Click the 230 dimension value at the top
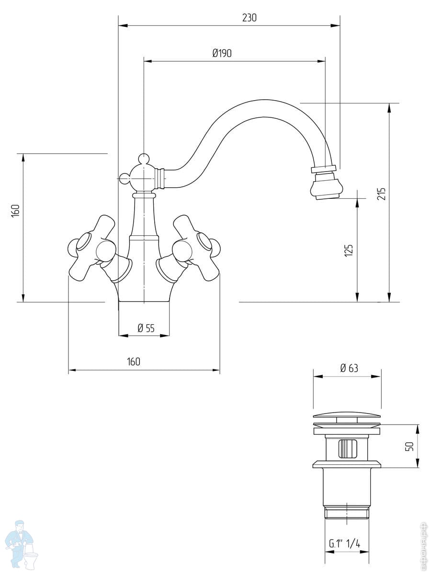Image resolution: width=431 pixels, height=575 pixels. [x=249, y=18]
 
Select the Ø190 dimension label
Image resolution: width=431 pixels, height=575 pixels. [x=222, y=53]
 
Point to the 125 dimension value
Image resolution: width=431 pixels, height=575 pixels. [x=349, y=250]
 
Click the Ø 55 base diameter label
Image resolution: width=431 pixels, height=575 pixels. [x=146, y=328]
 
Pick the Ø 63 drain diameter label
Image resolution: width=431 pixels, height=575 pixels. [x=349, y=368]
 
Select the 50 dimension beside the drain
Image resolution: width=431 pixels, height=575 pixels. [x=409, y=446]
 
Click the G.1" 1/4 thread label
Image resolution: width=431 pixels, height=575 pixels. [x=344, y=543]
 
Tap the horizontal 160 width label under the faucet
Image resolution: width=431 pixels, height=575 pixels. [x=134, y=362]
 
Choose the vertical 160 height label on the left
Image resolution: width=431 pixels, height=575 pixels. [x=15, y=211]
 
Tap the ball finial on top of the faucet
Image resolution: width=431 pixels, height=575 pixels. [x=143, y=158]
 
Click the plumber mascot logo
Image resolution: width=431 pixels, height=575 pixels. [x=22, y=547]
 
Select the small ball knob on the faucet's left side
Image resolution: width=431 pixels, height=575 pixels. [x=125, y=179]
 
